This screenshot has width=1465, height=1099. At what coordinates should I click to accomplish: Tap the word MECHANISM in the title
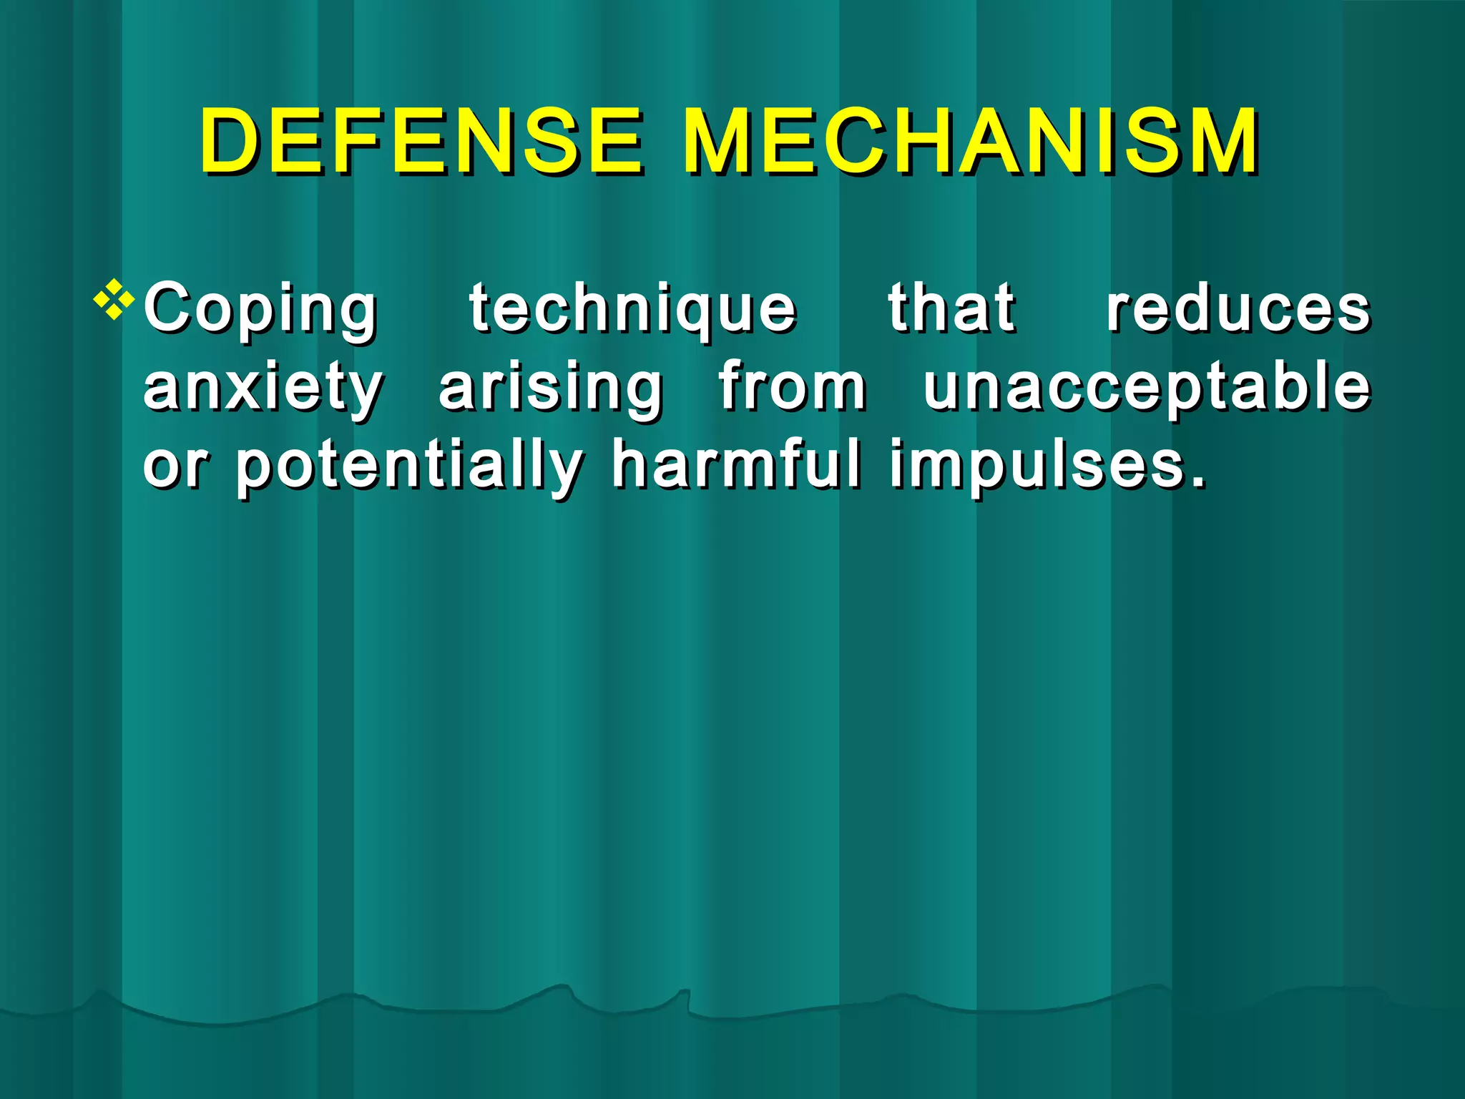(x=970, y=141)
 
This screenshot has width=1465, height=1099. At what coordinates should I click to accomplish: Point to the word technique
(x=632, y=309)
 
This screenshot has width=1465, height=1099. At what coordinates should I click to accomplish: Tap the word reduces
(x=1238, y=309)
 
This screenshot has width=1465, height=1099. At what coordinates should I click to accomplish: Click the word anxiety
(x=263, y=389)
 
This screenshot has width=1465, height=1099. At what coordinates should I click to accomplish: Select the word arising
(x=551, y=389)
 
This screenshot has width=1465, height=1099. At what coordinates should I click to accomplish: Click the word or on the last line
(x=176, y=467)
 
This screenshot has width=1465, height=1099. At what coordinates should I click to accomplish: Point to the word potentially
(x=409, y=467)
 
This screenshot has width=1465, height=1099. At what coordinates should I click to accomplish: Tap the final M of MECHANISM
(x=1217, y=141)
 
